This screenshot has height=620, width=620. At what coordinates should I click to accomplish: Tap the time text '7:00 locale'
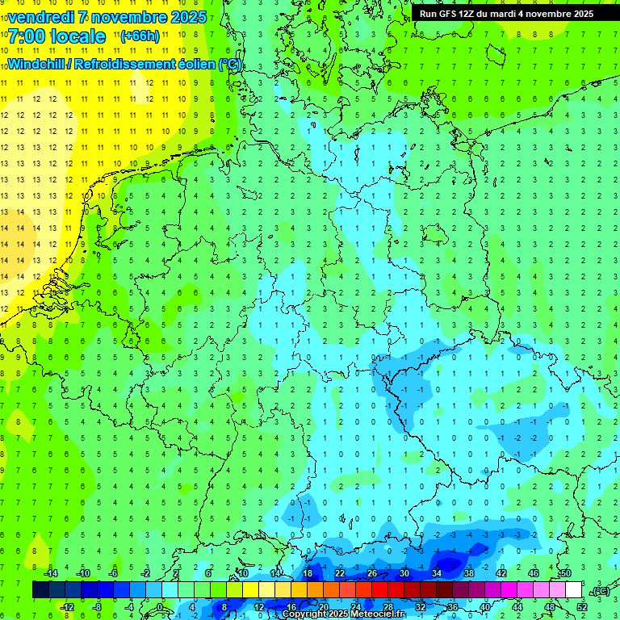(57, 36)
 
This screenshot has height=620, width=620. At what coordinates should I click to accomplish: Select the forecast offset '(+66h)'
(140, 36)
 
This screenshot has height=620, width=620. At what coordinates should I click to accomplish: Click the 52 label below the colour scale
(582, 607)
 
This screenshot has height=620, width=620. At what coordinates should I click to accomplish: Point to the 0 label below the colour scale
(160, 607)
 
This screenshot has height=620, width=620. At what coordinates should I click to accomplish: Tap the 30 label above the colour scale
(404, 573)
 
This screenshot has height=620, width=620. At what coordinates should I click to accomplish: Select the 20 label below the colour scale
(323, 607)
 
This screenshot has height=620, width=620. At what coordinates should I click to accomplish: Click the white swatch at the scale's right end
(573, 590)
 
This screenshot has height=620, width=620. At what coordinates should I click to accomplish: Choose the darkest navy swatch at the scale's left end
(40, 590)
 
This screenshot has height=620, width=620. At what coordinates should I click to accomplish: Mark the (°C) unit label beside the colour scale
(599, 591)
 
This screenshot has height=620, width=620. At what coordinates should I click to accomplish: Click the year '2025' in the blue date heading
(185, 16)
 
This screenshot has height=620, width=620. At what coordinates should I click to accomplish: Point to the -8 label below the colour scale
(98, 607)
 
